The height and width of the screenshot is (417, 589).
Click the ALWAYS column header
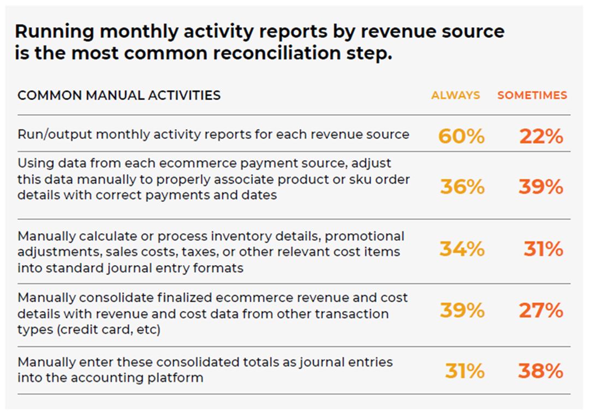(x=455, y=95)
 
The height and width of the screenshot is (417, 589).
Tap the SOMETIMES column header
(x=532, y=95)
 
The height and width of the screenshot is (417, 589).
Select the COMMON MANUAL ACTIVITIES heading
(x=119, y=95)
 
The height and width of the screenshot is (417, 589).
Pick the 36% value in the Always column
(x=462, y=187)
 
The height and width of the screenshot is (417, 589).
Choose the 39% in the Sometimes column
(x=540, y=187)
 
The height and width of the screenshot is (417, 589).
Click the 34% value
(x=462, y=249)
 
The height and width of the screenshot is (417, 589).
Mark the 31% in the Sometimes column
(x=543, y=249)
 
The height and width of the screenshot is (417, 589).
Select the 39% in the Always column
(x=462, y=310)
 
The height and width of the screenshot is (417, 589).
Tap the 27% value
(x=540, y=310)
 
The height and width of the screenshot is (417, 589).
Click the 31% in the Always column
(x=465, y=371)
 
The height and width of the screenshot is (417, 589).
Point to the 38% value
(x=540, y=371)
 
